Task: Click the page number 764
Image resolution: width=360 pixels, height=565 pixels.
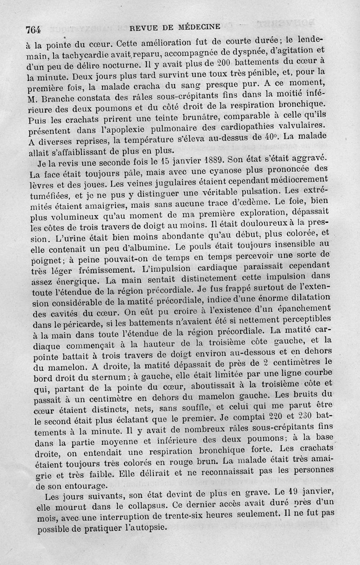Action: [x=33, y=30]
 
